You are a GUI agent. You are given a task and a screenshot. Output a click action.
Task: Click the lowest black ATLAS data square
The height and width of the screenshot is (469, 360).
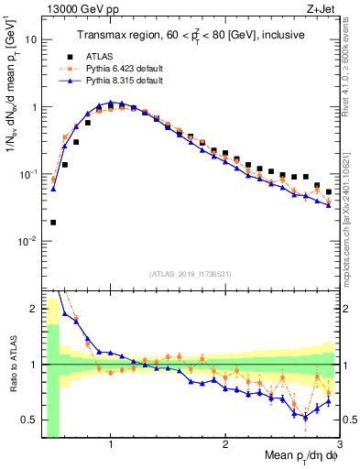tap(53, 222)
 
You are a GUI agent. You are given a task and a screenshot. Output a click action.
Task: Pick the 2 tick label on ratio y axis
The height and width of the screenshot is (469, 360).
tap(32, 309)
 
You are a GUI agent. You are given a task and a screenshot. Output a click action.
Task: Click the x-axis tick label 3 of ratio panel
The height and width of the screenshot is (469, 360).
tap(340, 444)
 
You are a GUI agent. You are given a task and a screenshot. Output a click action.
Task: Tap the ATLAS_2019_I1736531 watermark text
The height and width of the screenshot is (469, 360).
tap(190, 274)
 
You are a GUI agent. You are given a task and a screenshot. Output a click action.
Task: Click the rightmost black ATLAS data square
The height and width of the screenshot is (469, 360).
tap(329, 191)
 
